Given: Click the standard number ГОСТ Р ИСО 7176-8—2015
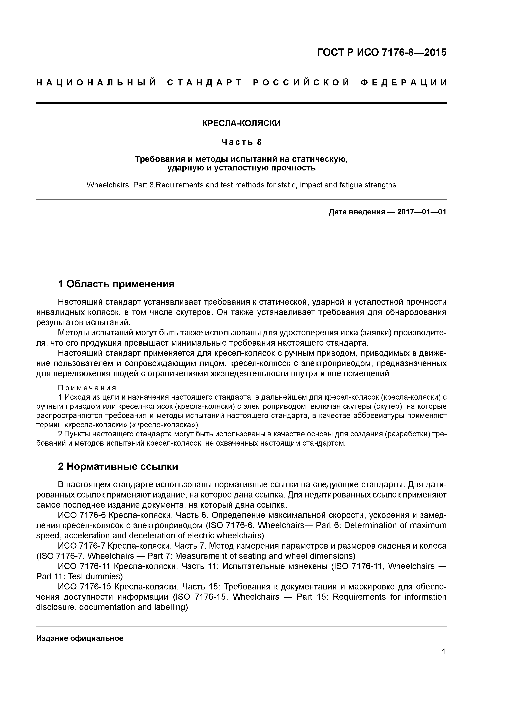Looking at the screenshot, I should point(382,53).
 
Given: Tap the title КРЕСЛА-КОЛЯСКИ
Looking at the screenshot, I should point(241,123).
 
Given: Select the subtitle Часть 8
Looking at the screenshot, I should point(241,142).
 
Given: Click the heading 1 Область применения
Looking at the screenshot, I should point(116,284).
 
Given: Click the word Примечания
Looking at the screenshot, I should point(87,388).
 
